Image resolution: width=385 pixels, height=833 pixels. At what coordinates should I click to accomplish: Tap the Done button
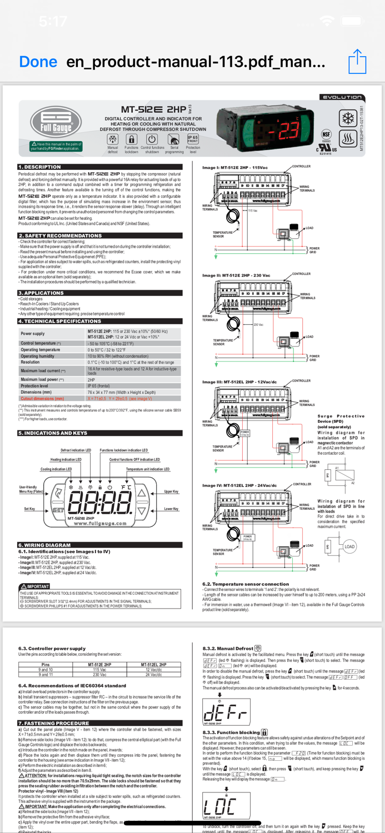(x=38, y=61)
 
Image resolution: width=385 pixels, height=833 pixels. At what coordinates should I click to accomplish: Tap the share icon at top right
(x=357, y=61)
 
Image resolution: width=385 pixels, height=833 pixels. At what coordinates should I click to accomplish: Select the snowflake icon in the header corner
(x=348, y=118)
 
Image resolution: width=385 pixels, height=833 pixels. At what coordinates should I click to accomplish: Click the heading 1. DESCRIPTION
(x=39, y=167)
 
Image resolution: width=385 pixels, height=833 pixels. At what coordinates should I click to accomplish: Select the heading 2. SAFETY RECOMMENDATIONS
(x=60, y=235)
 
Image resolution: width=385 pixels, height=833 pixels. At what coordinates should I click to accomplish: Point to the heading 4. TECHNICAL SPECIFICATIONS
(x=60, y=321)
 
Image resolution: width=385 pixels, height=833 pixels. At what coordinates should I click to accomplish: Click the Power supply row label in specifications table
(x=33, y=334)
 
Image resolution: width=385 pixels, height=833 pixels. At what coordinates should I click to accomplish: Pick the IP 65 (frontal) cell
(x=99, y=386)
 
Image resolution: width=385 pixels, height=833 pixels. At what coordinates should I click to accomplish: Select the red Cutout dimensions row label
(x=42, y=398)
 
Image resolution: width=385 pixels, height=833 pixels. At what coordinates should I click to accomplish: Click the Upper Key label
(x=171, y=491)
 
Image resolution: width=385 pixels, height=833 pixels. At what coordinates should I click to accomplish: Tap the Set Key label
(x=29, y=509)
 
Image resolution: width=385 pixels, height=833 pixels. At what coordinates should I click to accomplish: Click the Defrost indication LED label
(x=76, y=450)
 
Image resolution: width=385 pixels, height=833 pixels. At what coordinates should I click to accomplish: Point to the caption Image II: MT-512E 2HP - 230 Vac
(x=236, y=275)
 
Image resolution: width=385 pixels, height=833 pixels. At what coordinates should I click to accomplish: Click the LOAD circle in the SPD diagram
(x=349, y=546)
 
